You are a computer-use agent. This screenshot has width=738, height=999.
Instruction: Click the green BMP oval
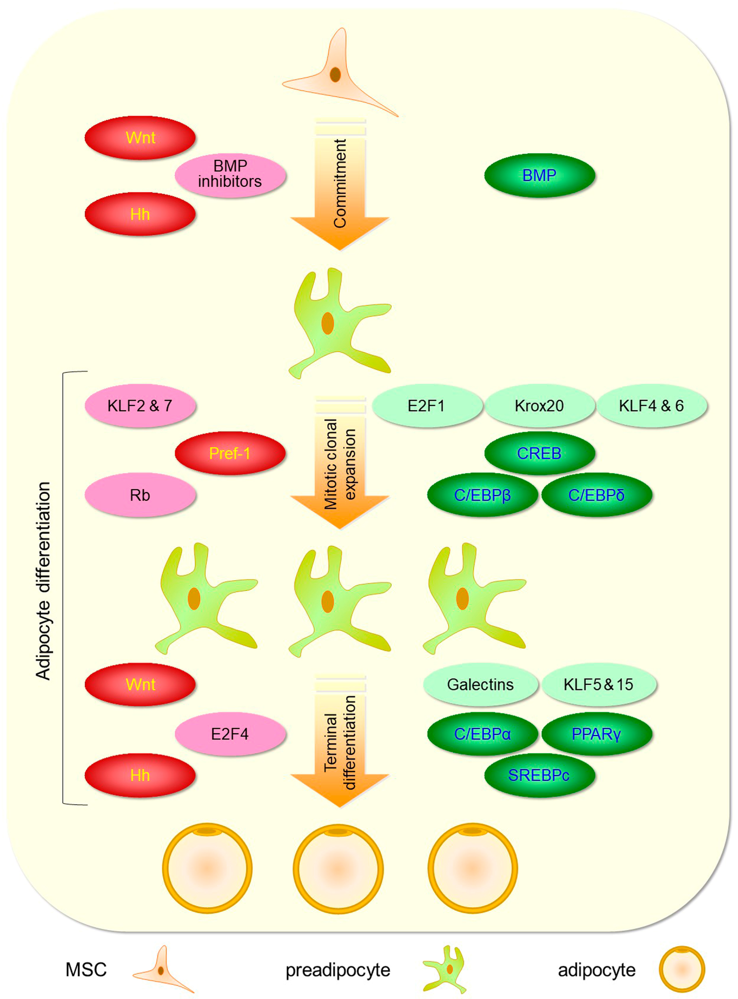(539, 175)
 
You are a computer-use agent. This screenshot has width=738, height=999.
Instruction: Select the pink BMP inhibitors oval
(230, 174)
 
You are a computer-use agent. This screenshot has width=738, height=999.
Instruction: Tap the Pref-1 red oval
(230, 454)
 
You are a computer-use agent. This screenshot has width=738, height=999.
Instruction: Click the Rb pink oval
(140, 495)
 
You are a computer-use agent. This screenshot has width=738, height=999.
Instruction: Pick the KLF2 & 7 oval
(140, 406)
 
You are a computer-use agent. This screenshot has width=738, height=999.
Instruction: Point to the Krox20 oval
(539, 406)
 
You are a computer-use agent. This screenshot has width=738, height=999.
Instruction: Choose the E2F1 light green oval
(427, 406)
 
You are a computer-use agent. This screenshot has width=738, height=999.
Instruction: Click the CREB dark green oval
(539, 454)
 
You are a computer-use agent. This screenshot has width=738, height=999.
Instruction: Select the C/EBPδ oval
(596, 495)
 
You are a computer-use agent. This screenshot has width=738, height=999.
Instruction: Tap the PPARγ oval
(596, 734)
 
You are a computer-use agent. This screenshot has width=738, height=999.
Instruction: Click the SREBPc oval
(539, 775)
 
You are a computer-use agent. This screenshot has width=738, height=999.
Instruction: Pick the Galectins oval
(480, 685)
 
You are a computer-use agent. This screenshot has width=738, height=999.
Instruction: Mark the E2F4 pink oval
(230, 734)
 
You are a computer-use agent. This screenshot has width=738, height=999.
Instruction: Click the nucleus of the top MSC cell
(335, 74)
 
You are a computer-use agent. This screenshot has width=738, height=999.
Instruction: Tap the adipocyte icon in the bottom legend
(682, 969)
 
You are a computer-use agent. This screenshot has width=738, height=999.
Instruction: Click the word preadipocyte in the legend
(338, 970)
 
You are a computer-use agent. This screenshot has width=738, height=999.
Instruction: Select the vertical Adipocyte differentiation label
(43, 581)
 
